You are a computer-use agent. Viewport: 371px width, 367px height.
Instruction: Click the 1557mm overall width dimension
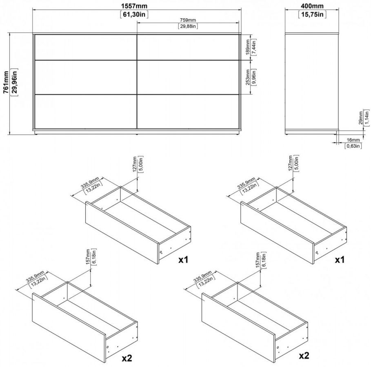coord(134,6)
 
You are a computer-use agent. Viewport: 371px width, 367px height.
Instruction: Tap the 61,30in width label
coord(134,14)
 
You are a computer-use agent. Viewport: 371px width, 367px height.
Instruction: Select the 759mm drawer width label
coord(188,20)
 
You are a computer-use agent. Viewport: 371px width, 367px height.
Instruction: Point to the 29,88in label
coord(188,26)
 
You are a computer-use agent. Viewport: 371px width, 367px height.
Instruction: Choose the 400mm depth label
coord(312,6)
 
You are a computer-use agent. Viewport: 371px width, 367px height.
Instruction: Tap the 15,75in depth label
coord(312,14)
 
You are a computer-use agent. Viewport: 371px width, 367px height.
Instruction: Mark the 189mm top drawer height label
coord(247,47)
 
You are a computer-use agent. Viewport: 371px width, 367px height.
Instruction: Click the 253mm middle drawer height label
coord(247,77)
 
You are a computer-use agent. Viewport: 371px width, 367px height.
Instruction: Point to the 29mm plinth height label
coord(360,117)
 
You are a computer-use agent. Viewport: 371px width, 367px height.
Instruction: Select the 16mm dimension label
coord(353,140)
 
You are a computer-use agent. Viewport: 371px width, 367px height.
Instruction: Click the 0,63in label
coord(353,146)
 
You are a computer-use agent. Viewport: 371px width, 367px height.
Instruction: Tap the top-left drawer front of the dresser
coord(86,47)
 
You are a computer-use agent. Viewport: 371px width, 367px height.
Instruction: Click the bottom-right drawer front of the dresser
coord(188,112)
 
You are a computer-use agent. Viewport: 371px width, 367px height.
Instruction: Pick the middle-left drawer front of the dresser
coord(86,77)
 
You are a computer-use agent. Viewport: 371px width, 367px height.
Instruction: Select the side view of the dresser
coord(312,84)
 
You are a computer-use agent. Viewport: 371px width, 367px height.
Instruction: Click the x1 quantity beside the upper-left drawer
coord(183,260)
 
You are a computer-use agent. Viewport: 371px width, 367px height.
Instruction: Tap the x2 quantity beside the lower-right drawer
coord(304,356)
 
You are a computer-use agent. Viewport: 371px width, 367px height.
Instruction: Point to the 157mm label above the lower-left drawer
coord(88,256)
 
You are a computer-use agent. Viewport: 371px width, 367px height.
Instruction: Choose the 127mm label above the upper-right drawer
coord(291,163)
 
